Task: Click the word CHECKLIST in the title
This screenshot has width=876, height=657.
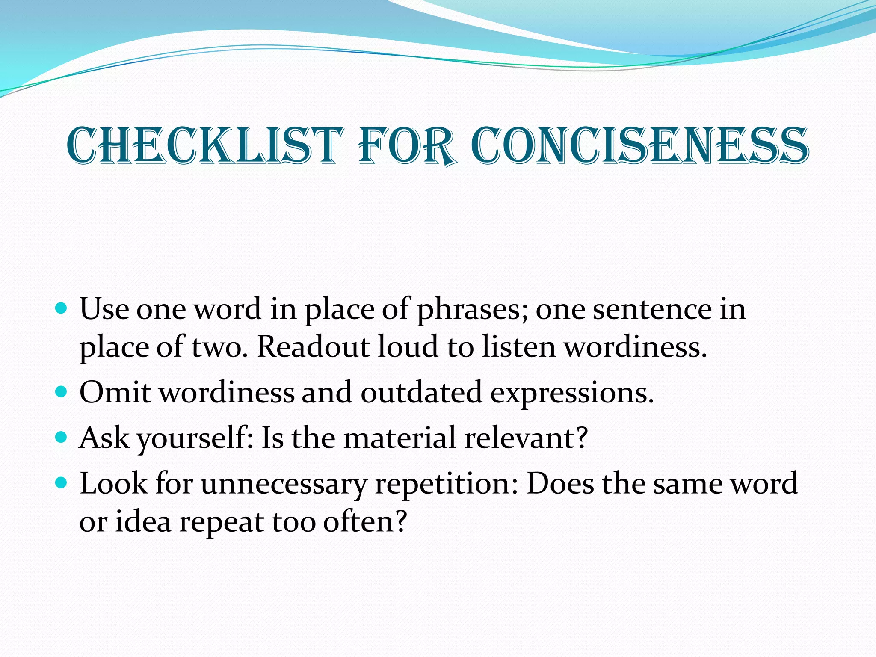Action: tap(205, 146)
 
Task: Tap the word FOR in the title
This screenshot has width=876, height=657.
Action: tap(406, 146)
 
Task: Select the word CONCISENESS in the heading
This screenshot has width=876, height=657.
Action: tap(640, 146)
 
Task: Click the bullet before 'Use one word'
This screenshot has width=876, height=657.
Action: tap(62, 308)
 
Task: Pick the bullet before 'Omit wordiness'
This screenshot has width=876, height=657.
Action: tap(62, 391)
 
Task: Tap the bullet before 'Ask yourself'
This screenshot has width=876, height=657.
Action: tap(62, 437)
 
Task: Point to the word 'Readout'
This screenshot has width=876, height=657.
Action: tap(313, 347)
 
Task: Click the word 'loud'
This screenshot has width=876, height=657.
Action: tap(408, 347)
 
